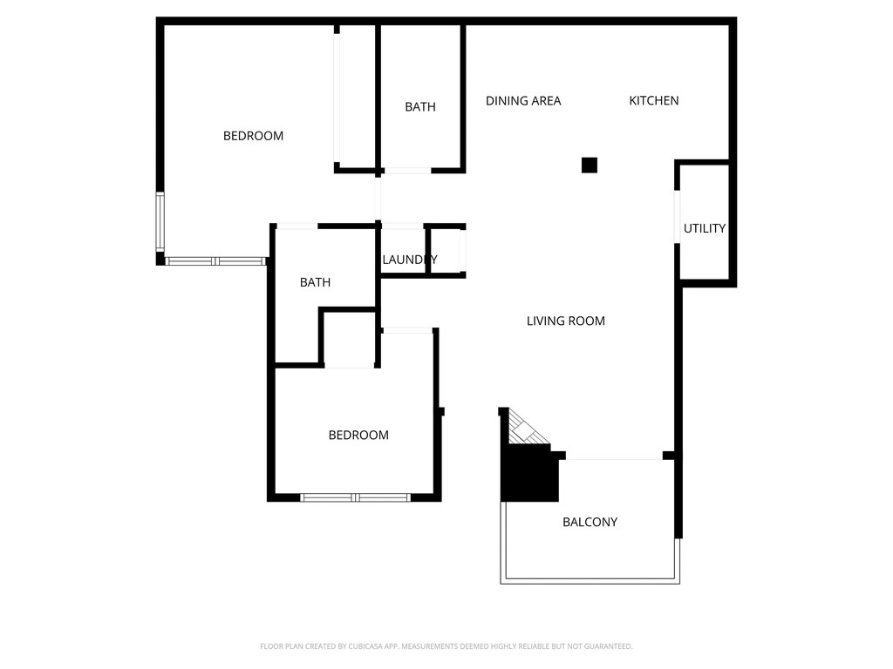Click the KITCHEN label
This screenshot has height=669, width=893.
tap(654, 101)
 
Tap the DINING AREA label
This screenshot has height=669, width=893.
tap(523, 101)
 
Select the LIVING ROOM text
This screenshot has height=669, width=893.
tap(566, 321)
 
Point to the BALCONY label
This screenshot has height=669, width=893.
tap(590, 523)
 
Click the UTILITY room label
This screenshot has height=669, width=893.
tap(704, 229)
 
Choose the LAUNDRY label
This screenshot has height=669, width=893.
tap(409, 260)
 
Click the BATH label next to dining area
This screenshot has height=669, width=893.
tap(420, 107)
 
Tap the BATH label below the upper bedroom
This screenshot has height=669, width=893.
tap(315, 283)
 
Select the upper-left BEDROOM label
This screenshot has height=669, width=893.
tap(253, 136)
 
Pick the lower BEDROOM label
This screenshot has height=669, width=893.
tap(358, 436)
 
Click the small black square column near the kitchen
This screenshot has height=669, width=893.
tap(590, 165)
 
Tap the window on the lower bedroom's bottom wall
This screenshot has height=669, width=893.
tap(355, 497)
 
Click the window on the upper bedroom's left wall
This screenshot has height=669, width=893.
tap(160, 222)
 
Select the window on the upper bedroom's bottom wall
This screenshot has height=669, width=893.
tap(216, 260)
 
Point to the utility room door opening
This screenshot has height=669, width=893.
tap(677, 216)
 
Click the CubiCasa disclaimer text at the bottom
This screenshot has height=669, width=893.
tap(446, 646)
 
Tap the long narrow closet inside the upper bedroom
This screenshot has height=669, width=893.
tap(356, 96)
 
